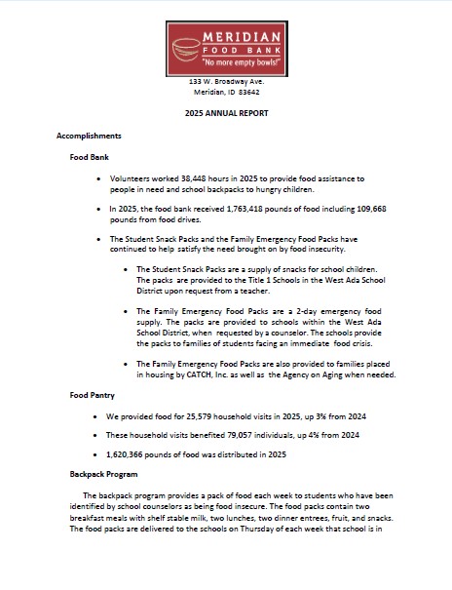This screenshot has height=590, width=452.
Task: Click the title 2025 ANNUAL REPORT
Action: click(226, 114)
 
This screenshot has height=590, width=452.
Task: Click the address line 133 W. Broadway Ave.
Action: click(226, 80)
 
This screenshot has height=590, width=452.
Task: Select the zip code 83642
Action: click(249, 92)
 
